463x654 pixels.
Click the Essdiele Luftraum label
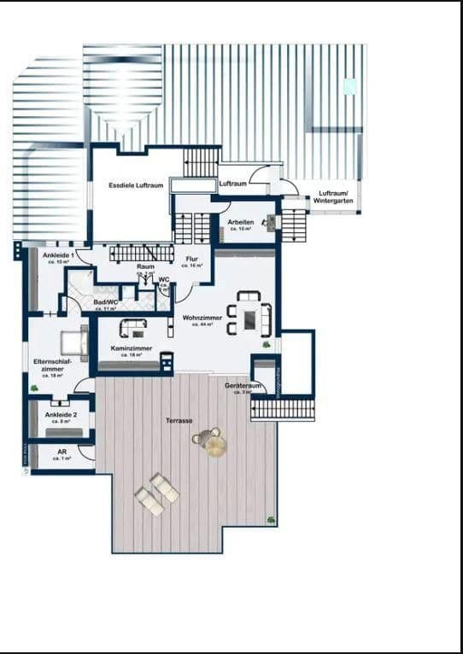(x=135, y=184)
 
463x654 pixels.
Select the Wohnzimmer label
(x=202, y=318)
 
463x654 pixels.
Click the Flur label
(x=192, y=259)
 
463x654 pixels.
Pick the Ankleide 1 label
(x=59, y=254)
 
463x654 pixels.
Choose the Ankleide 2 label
(x=61, y=415)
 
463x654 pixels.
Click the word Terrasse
(x=179, y=421)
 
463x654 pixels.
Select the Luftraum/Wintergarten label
(x=333, y=196)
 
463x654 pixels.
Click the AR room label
(x=62, y=452)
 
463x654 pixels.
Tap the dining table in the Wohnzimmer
(x=249, y=318)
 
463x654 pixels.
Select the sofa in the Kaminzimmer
(x=132, y=329)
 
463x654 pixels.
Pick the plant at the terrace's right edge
(x=271, y=518)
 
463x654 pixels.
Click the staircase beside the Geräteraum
(x=284, y=409)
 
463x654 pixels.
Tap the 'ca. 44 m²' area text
(x=202, y=324)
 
